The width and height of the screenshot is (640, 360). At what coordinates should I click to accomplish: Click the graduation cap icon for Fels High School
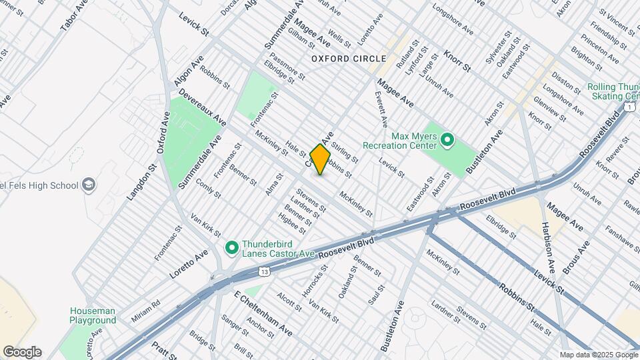(87, 185)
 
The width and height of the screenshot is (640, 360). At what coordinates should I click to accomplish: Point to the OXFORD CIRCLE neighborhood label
(340, 59)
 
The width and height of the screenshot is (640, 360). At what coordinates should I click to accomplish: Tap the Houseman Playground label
(93, 315)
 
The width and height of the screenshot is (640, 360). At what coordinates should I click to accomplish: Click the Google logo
(21, 352)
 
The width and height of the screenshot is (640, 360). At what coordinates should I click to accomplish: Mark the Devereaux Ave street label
(202, 107)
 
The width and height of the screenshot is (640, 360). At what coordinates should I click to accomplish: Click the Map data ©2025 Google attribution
(599, 355)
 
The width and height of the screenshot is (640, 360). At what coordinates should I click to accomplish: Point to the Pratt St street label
(162, 349)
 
